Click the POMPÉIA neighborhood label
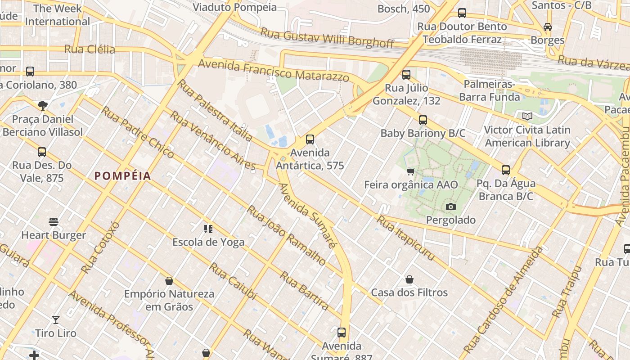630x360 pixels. pos(122,176)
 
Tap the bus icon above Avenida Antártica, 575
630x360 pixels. pos(310,139)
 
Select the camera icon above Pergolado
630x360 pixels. pos(450,207)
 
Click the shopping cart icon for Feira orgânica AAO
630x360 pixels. pos(410,171)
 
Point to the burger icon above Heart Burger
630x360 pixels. pos(54,222)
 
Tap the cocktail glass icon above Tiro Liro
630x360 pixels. pos(56,320)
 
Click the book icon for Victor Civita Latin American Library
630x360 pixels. pos(527,117)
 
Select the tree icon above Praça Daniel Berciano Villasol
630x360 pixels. pos(43,106)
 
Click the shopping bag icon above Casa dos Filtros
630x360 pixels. pos(409,279)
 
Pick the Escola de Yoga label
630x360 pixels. pos(208,242)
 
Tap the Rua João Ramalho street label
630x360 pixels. pos(286,235)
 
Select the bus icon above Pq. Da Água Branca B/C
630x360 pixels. pos(506,170)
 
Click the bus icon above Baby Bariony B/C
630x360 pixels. pos(423,120)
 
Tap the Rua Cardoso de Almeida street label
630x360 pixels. pos(503,300)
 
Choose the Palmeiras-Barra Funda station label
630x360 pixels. pos(490,91)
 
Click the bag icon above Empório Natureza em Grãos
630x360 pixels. pos(169,281)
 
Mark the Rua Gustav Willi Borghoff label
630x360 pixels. pos(327,38)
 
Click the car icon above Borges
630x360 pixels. pos(548,27)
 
